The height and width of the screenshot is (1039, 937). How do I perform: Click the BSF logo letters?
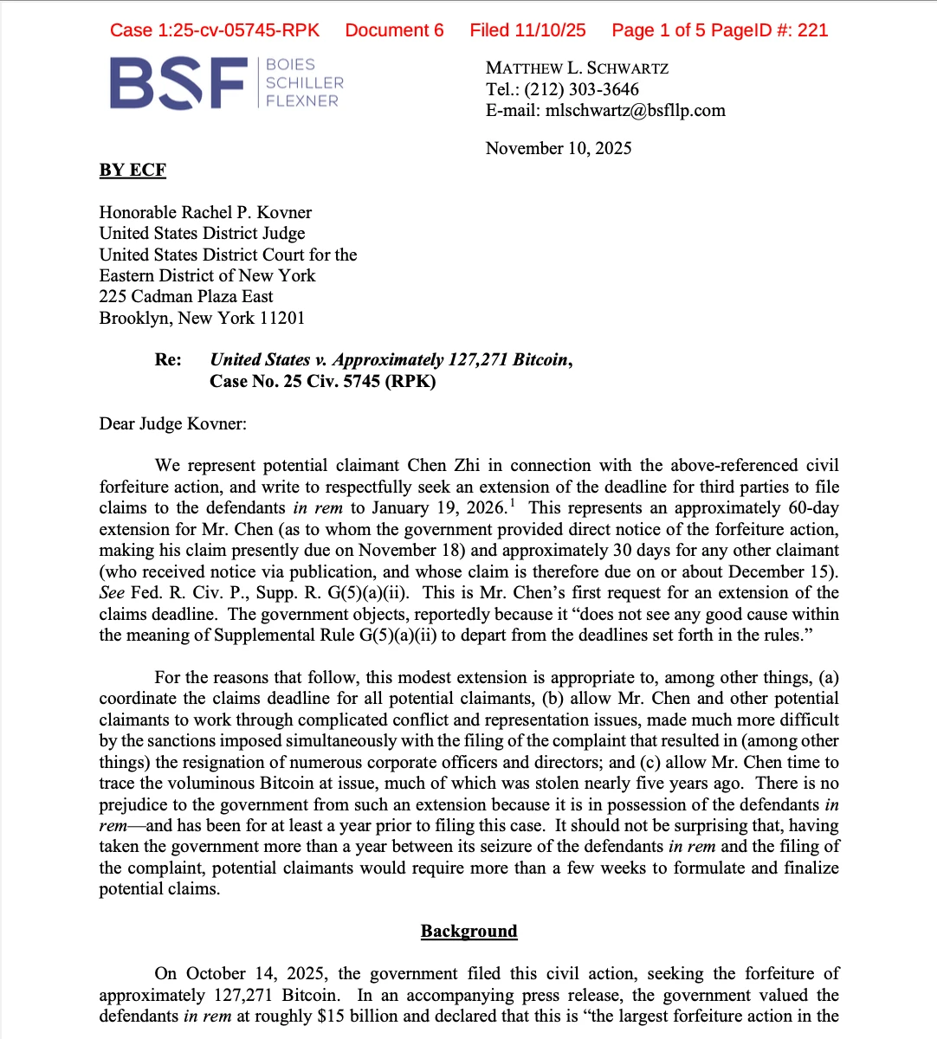(x=178, y=83)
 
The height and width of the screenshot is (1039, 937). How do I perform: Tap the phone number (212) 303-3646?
(x=581, y=89)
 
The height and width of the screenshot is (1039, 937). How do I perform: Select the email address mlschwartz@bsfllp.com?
(x=635, y=110)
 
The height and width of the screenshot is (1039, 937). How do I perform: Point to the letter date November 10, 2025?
(x=559, y=148)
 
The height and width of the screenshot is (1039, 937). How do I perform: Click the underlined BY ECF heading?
(x=132, y=170)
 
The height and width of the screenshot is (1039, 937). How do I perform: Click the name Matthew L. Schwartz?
(x=577, y=68)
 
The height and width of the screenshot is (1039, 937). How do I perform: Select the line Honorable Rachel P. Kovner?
(x=205, y=212)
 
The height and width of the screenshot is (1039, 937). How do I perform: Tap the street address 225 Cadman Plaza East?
(x=186, y=296)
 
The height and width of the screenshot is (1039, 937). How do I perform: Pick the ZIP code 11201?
(x=282, y=318)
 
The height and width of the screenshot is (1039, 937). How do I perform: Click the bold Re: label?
(x=168, y=360)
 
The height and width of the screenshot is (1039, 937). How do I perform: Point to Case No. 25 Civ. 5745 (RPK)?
(x=322, y=381)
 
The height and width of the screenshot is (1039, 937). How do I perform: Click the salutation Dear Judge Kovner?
(x=172, y=423)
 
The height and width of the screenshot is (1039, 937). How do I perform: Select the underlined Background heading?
(x=468, y=931)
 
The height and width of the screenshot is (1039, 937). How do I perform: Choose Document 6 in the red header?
(x=394, y=30)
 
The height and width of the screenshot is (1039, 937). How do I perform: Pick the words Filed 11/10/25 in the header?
(x=527, y=30)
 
